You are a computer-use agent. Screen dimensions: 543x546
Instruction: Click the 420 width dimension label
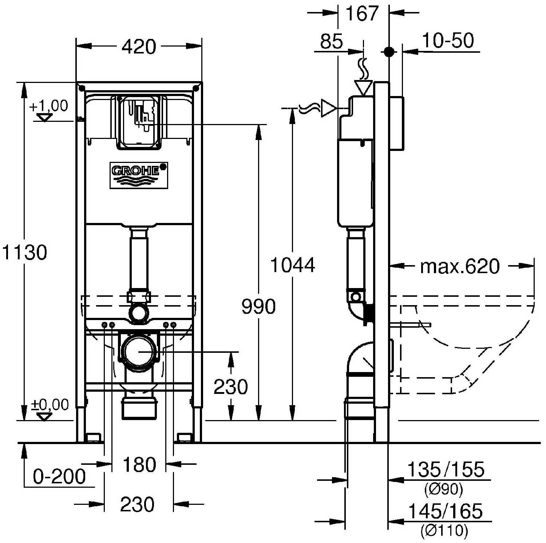tap(139, 47)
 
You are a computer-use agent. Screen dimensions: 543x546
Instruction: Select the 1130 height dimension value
tap(24, 252)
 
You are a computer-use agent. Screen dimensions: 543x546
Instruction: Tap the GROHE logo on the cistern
tap(139, 175)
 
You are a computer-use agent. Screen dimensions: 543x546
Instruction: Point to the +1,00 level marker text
tap(48, 106)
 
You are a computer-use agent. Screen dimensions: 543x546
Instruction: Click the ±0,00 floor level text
tap(49, 404)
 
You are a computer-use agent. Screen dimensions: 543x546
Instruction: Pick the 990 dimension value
tap(258, 307)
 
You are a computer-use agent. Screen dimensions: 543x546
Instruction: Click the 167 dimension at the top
tap(362, 14)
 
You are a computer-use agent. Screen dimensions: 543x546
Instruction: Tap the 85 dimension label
tap(331, 41)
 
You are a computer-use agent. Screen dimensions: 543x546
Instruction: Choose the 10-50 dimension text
tap(448, 40)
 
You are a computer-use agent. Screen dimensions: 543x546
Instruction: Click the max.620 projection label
tap(460, 267)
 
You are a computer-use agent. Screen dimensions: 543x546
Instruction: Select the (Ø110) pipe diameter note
tap(444, 531)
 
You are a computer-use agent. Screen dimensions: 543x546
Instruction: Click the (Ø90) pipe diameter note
tap(444, 490)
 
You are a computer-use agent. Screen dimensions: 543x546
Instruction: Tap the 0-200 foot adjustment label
tap(59, 476)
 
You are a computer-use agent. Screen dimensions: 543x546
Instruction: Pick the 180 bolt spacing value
tap(139, 464)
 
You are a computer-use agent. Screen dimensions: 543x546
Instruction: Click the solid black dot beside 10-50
tap(389, 52)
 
